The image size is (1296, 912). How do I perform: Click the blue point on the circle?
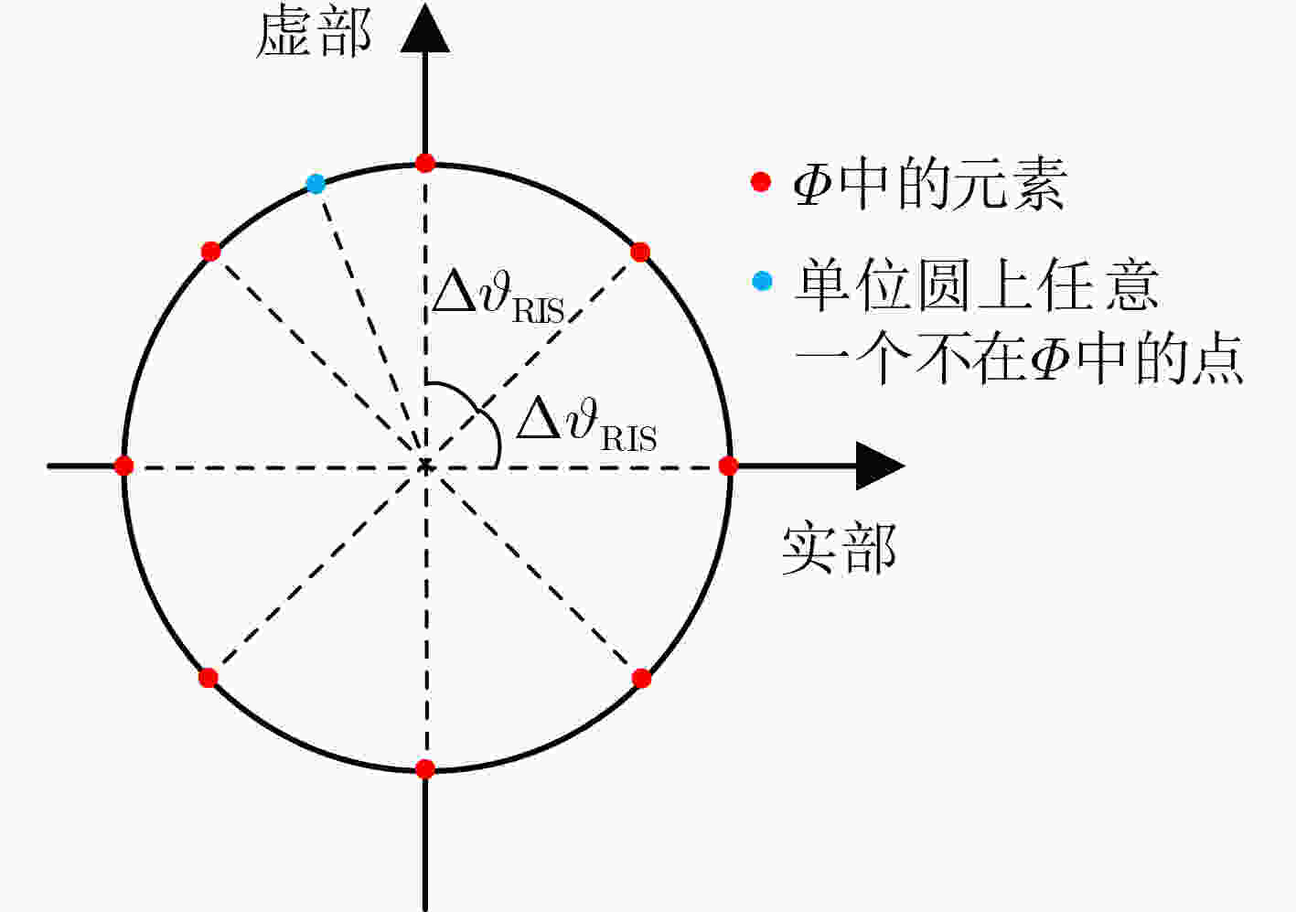(x=316, y=184)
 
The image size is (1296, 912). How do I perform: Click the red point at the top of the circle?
(x=425, y=163)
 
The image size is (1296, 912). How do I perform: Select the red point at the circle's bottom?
(x=425, y=769)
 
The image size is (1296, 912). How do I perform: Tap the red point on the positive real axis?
(x=728, y=466)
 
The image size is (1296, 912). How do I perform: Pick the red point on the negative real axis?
(x=123, y=466)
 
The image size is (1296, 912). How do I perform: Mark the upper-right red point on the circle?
(x=640, y=252)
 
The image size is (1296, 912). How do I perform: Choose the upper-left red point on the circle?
(x=210, y=252)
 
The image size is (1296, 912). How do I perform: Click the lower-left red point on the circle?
(x=208, y=678)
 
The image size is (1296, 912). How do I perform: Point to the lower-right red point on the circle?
(x=641, y=678)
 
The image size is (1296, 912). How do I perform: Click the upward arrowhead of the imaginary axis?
(x=425, y=29)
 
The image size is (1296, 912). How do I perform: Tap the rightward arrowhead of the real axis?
(x=880, y=466)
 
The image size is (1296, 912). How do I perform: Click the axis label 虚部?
(x=314, y=34)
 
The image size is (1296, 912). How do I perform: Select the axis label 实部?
(x=840, y=549)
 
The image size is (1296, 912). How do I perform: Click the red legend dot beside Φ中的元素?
(x=761, y=182)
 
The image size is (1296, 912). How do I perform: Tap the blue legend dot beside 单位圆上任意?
(x=762, y=281)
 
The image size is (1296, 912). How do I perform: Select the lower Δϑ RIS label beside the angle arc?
(x=586, y=424)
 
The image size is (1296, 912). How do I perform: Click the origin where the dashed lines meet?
(x=426, y=466)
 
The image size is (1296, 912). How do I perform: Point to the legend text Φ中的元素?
(x=931, y=184)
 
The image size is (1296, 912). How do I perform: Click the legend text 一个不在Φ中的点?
(x=1020, y=359)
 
